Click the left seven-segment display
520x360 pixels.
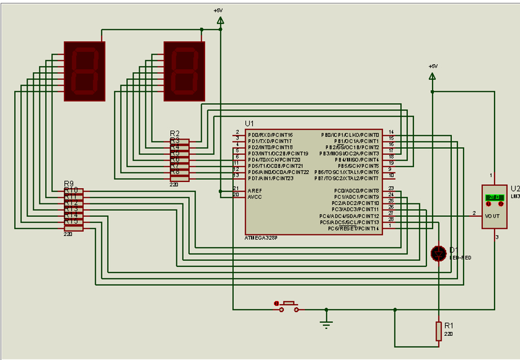point(85,71)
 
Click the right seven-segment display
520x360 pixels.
point(184,71)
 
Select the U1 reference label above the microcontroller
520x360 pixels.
point(250,123)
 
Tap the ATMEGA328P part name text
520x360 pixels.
point(261,238)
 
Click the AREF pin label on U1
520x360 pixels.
point(254,190)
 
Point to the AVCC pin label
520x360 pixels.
point(255,197)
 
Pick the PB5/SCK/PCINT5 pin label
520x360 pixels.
point(358,166)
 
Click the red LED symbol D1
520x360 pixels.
point(438,253)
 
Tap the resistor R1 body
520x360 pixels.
point(438,331)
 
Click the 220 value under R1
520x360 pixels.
point(448,334)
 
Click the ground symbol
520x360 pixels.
point(326,322)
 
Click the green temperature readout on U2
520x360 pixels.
point(494,197)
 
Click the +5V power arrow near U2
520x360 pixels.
point(433,76)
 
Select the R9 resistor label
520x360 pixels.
point(69,184)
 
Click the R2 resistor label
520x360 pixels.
point(175,134)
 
